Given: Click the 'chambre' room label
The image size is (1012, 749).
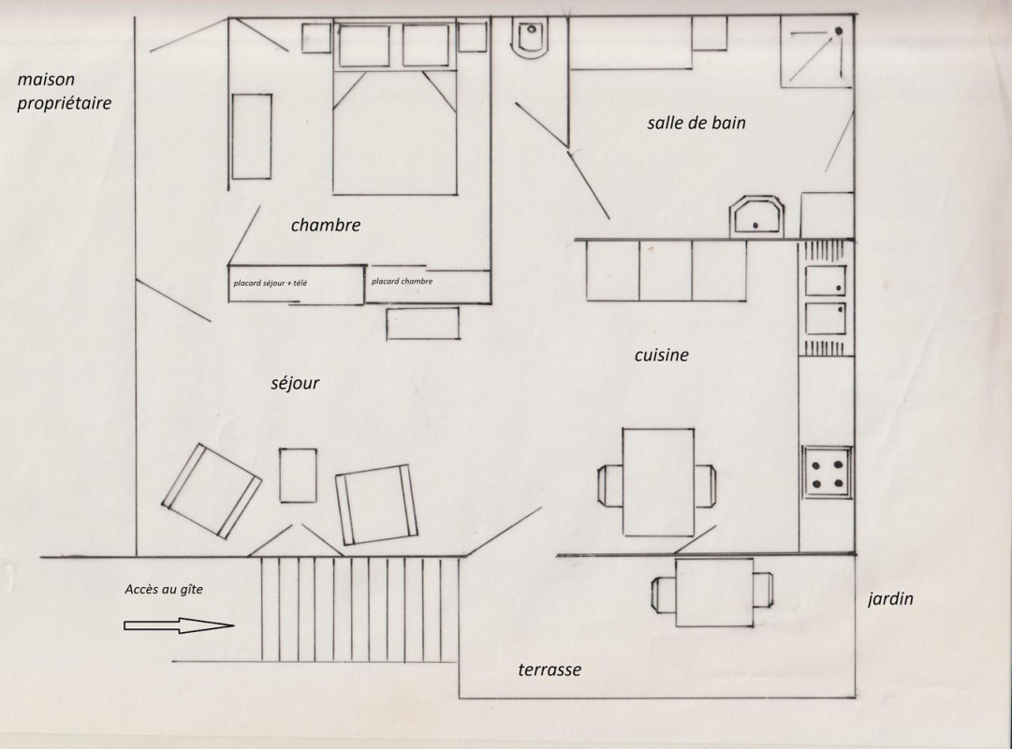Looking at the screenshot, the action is tap(325, 225).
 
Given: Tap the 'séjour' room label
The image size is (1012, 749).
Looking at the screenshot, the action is tap(295, 383).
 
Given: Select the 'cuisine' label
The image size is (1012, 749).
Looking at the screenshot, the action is tap(662, 355).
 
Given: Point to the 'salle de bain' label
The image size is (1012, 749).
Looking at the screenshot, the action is tap(697, 123).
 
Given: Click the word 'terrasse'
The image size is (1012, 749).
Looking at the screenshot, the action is tap(550, 669).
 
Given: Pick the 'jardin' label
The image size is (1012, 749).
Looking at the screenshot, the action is tap(890, 598).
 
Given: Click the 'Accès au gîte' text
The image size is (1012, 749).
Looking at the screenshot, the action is tap(164, 589).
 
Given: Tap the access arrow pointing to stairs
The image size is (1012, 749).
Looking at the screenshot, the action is tap(179, 625).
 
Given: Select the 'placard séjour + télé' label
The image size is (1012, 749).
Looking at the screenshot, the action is tap(271, 283).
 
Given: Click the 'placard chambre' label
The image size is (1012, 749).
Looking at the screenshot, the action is tap(403, 281).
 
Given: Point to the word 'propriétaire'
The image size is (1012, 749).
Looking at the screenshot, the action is tap(64, 103).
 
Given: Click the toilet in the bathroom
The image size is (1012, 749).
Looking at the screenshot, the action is tap(529, 38).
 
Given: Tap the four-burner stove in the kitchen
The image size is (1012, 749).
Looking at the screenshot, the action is tap(828, 473).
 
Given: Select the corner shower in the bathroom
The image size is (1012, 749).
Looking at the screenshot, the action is tap(817, 51).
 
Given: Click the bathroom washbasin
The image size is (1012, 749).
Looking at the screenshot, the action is tap(756, 216).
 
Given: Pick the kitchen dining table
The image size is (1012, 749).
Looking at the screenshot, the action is tap(658, 481).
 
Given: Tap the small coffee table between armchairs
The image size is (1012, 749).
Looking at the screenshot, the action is tap(299, 476).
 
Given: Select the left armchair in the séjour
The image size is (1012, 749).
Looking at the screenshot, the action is tap(211, 491).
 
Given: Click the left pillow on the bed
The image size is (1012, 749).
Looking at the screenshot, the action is tap(364, 46).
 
